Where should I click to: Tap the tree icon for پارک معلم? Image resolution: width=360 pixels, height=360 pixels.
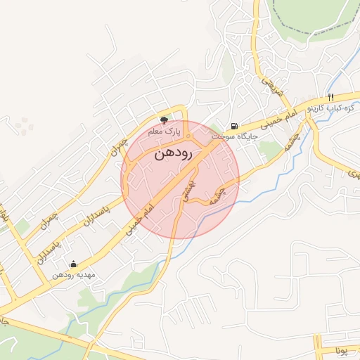165,121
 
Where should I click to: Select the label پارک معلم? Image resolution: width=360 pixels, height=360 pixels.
164,131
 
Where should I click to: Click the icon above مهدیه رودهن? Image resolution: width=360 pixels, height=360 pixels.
75,264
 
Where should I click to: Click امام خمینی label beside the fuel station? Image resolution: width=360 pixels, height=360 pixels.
287,117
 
